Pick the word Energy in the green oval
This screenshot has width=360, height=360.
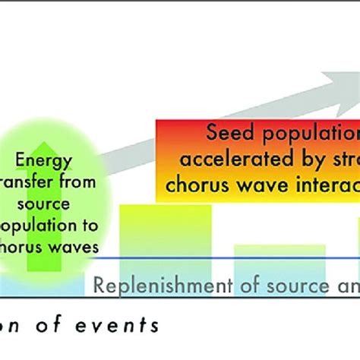pos(44,160)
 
